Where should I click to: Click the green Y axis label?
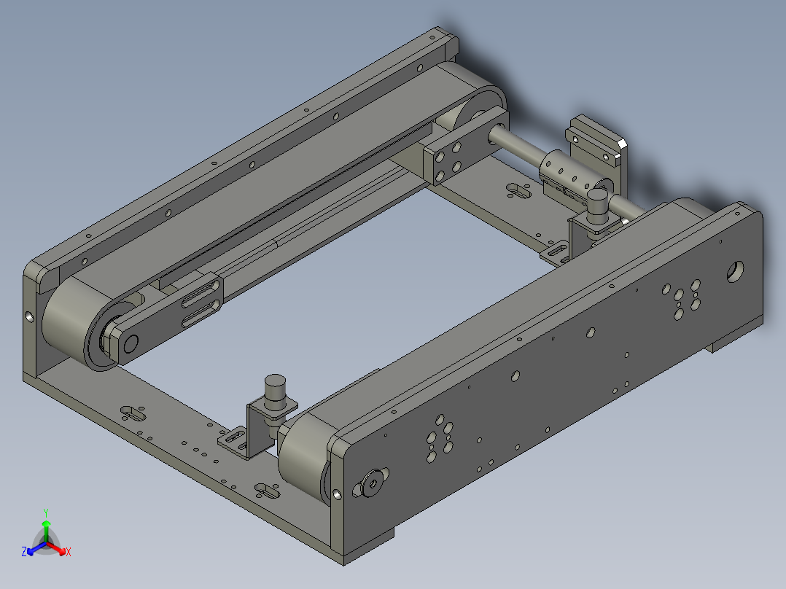(45, 512)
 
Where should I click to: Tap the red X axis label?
(69, 553)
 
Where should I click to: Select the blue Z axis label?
(24, 553)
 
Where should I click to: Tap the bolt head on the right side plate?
(373, 483)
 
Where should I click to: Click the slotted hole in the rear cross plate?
(518, 191)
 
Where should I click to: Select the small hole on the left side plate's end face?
(28, 317)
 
